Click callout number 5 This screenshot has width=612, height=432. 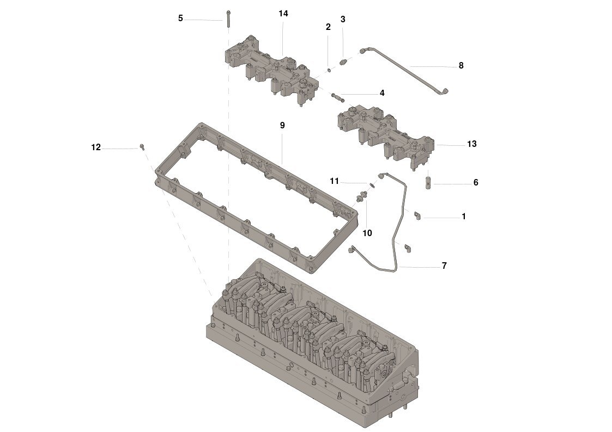pyautogui.click(x=180, y=18)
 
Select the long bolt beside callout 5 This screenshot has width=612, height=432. pyautogui.click(x=228, y=18)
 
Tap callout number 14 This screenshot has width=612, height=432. pyautogui.click(x=283, y=14)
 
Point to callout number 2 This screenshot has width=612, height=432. pyautogui.click(x=328, y=27)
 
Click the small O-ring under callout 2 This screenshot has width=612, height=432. pyautogui.click(x=329, y=70)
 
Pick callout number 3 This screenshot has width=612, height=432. pyautogui.click(x=343, y=19)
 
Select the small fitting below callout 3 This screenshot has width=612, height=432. pyautogui.click(x=343, y=63)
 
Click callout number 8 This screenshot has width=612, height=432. pyautogui.click(x=461, y=65)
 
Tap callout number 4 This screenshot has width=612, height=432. pyautogui.click(x=382, y=92)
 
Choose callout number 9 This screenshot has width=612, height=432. pyautogui.click(x=282, y=125)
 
